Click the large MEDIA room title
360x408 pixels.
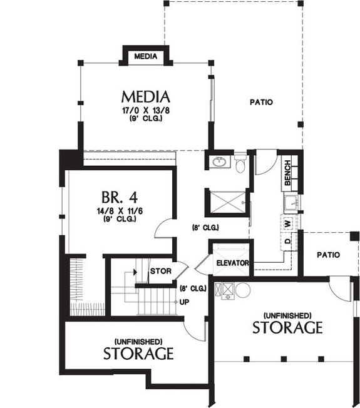tap(146, 97)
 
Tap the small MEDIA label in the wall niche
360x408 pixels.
tap(145, 56)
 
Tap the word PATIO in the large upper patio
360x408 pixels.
tap(261, 102)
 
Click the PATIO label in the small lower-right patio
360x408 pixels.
tap(327, 255)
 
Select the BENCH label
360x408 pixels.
tap(287, 173)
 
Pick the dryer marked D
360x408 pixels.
tap(287, 241)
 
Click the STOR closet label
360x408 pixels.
tap(160, 271)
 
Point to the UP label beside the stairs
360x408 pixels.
tap(184, 302)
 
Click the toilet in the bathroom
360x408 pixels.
tap(240, 165)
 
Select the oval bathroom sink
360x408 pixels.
tap(219, 163)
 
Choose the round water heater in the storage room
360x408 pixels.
tap(243, 290)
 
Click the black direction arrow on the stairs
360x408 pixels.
tap(134, 273)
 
